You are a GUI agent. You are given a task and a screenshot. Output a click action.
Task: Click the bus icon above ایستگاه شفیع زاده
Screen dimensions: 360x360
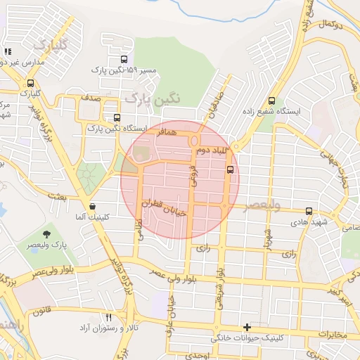click(x=272, y=101)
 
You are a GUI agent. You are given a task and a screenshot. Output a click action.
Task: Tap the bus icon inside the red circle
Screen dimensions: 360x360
click(x=230, y=169)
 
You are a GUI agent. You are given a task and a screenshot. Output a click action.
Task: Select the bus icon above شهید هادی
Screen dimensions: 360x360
click(x=309, y=211)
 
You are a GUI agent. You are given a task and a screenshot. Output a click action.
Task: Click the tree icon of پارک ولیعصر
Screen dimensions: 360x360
click(x=47, y=233)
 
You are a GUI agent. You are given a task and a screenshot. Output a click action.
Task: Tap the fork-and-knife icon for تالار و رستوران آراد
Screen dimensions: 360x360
click(x=108, y=318)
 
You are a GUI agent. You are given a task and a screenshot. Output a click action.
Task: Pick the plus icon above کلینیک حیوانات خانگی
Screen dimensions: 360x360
click(x=247, y=327)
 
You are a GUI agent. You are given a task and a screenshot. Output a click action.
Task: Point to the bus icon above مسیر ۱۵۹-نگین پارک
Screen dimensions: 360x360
click(x=124, y=60)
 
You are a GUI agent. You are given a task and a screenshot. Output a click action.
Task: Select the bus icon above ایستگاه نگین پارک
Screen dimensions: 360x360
click(x=116, y=118)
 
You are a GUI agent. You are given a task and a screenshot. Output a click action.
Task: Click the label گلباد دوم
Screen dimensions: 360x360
click(x=209, y=151)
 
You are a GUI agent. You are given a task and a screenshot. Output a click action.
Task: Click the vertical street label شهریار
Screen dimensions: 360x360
click(x=268, y=236)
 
